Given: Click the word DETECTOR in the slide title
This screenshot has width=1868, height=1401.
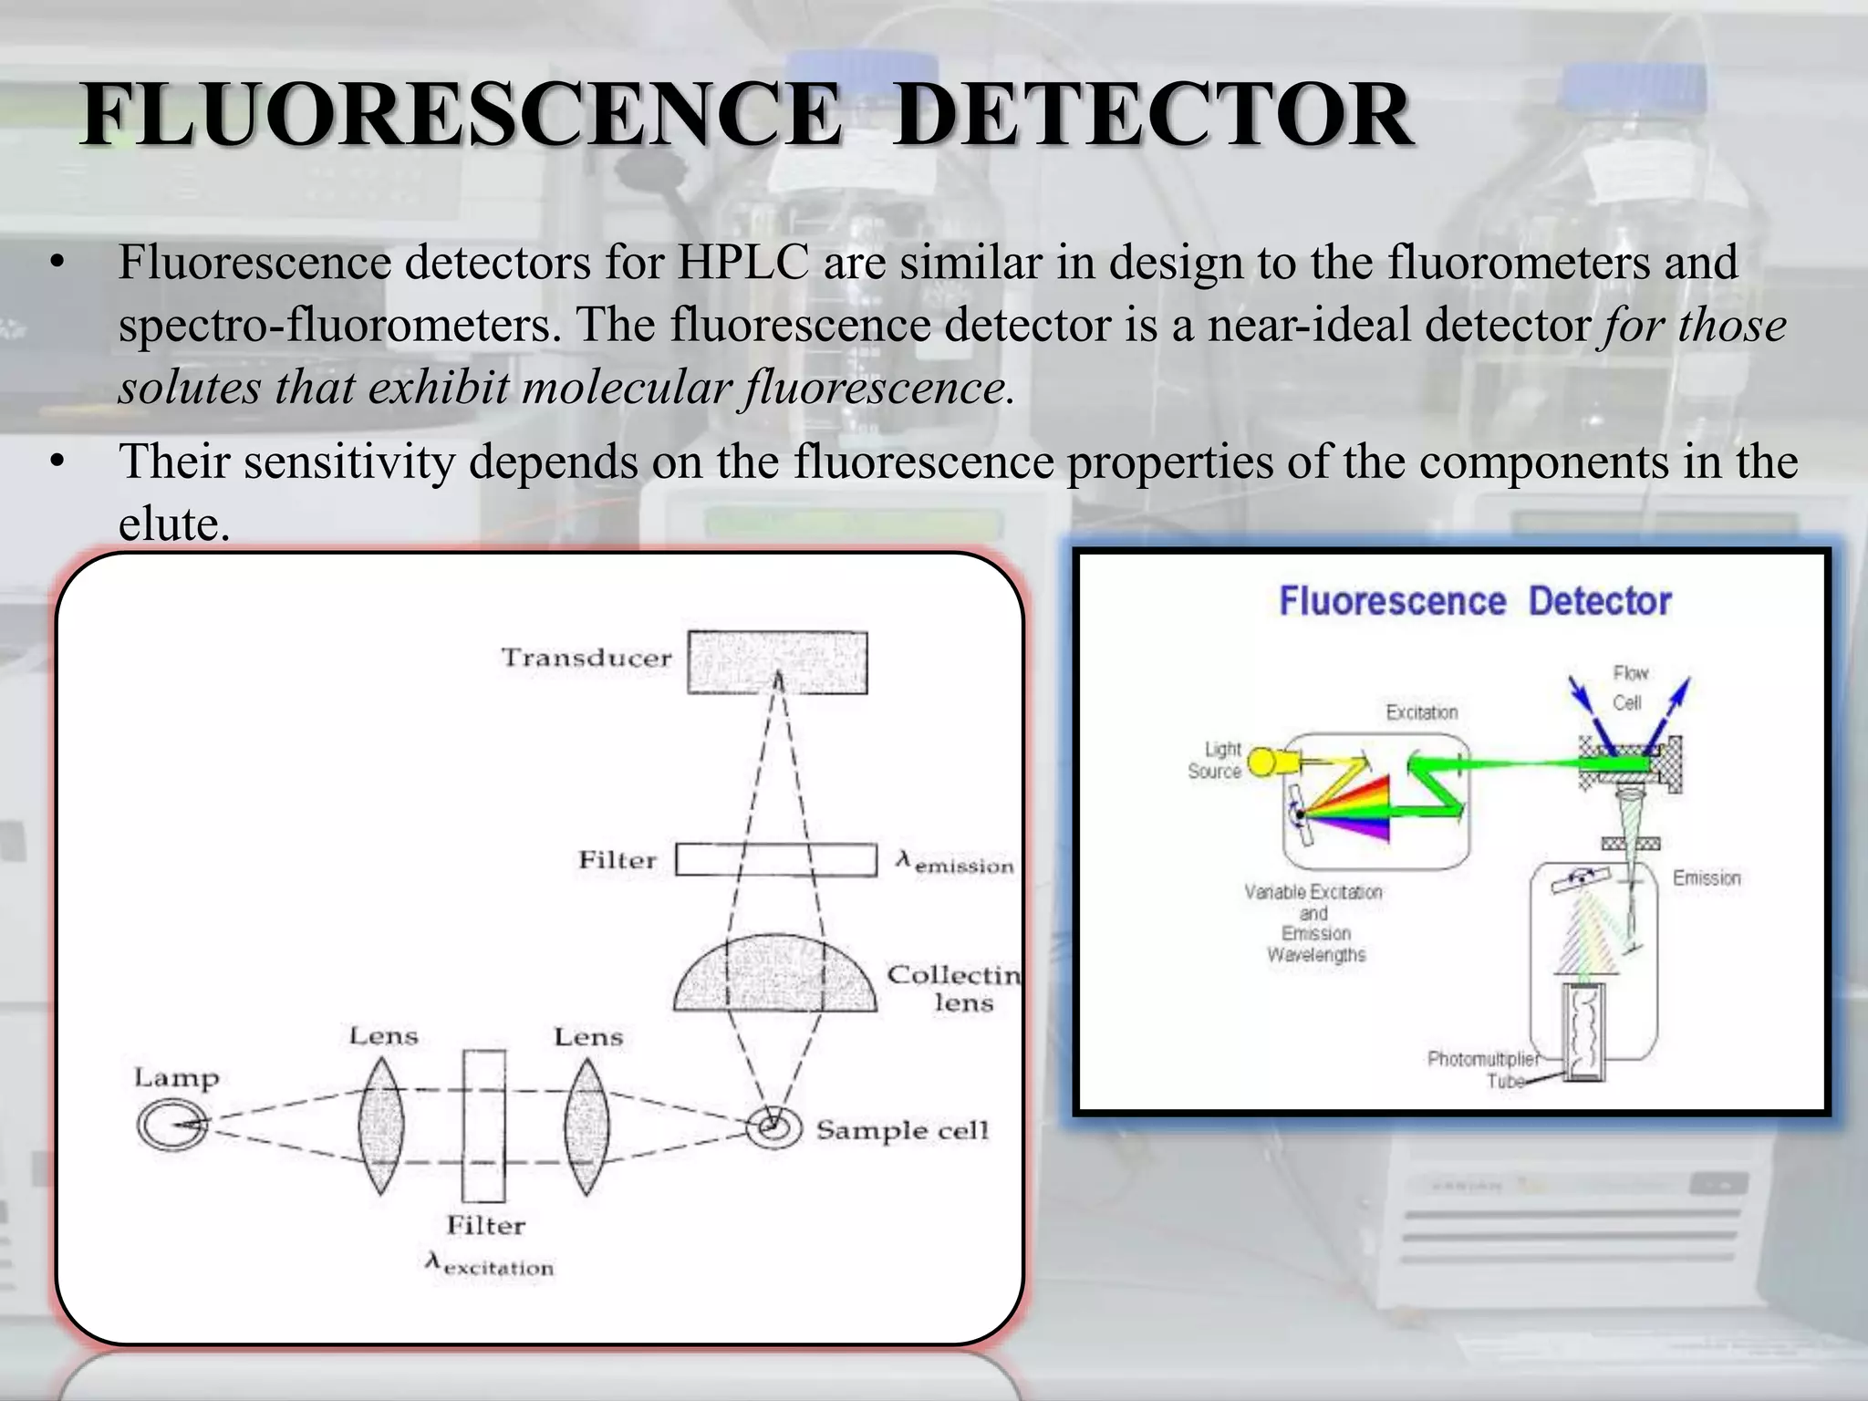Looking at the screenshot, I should click(x=1154, y=115).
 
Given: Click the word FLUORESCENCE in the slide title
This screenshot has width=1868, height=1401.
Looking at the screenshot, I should click(x=461, y=115).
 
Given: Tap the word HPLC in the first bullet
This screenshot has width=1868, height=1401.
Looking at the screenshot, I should click(x=742, y=263).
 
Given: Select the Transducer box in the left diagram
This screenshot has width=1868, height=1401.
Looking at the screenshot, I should click(x=777, y=661).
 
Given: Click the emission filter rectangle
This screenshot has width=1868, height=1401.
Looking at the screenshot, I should click(x=776, y=859).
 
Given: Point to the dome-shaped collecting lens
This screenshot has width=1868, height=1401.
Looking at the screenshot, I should click(x=775, y=976).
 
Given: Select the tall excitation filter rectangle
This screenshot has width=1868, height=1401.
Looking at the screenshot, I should click(x=483, y=1126).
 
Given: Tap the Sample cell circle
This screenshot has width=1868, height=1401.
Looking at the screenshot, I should click(x=774, y=1127).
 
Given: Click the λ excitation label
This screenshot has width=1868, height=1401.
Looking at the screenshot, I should click(x=490, y=1265).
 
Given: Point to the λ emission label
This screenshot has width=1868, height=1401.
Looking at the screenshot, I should click(x=955, y=863).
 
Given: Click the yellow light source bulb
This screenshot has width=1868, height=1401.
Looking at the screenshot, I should click(x=1263, y=761).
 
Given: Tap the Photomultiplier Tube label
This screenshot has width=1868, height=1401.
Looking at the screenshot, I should click(x=1483, y=1069).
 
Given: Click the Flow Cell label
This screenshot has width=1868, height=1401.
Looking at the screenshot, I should click(x=1629, y=688).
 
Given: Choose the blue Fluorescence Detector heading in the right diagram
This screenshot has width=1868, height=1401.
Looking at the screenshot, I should click(x=1475, y=602).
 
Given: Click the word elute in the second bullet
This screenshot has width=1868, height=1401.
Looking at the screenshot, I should click(x=173, y=524).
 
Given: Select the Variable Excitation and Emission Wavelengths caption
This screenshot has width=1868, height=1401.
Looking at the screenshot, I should click(x=1314, y=923).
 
